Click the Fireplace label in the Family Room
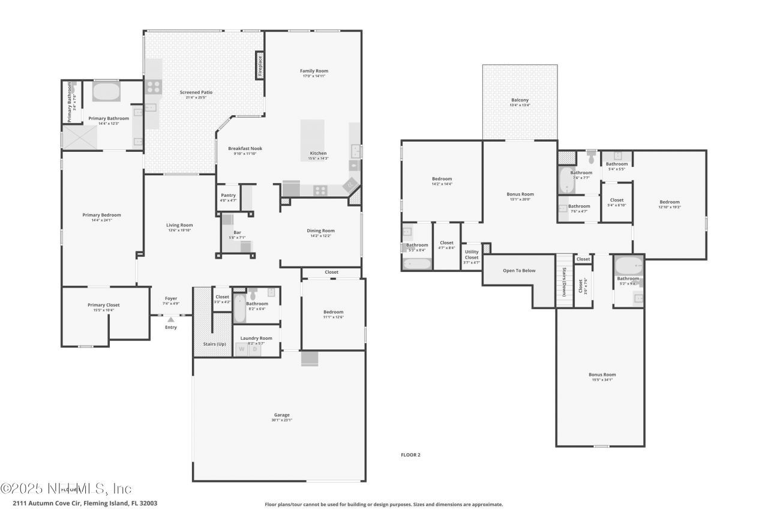point(260,65)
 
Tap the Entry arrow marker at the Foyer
point(171,319)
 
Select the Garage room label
point(282,415)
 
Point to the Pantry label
point(228,195)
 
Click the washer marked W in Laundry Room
point(242,349)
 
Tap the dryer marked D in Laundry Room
point(254,349)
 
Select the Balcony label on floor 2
point(520,100)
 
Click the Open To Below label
point(519,270)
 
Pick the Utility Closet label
point(472,254)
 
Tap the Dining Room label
point(320,230)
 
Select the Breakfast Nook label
point(245,148)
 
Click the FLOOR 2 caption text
point(410,455)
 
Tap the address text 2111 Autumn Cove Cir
point(85,503)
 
